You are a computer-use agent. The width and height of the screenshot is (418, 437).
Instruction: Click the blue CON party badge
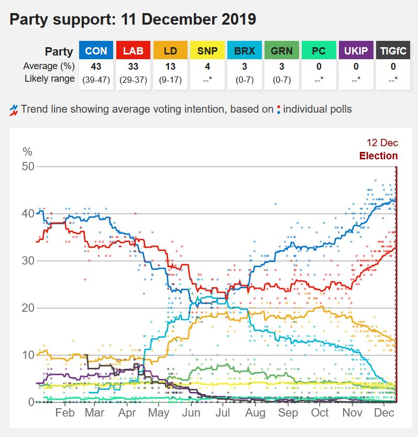pyautogui.click(x=96, y=51)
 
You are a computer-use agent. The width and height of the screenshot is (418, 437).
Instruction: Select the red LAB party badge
pyautogui.click(x=133, y=51)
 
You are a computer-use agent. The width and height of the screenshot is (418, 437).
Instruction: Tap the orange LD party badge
pyautogui.click(x=170, y=51)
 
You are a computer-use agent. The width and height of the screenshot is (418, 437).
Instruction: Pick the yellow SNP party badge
pyautogui.click(x=207, y=51)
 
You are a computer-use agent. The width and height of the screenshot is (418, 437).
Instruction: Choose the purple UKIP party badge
pyautogui.click(x=356, y=51)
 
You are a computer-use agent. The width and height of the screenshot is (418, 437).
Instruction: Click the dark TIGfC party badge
pyautogui.click(x=393, y=51)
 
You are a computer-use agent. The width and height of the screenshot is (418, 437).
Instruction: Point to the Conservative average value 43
pyautogui.click(x=96, y=67)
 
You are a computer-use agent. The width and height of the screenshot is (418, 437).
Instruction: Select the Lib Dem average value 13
pyautogui.click(x=170, y=67)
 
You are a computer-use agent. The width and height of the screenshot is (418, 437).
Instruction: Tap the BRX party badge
pyautogui.click(x=245, y=51)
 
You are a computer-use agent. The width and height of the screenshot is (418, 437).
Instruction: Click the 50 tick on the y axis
pyautogui.click(x=27, y=167)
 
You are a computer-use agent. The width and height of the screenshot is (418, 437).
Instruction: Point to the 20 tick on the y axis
pyautogui.click(x=27, y=308)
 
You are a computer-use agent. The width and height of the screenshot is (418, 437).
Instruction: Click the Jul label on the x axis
pyautogui.click(x=223, y=412)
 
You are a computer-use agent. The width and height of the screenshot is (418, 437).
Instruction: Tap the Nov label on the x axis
pyautogui.click(x=352, y=412)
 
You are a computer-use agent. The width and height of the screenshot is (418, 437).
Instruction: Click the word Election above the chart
pyautogui.click(x=378, y=156)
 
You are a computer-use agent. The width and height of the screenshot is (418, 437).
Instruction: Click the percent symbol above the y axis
pyautogui.click(x=27, y=152)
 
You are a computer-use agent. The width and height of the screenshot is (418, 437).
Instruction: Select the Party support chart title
pyautogui.click(x=133, y=20)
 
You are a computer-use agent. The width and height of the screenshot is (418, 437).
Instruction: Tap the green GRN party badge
pyautogui.click(x=282, y=51)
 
